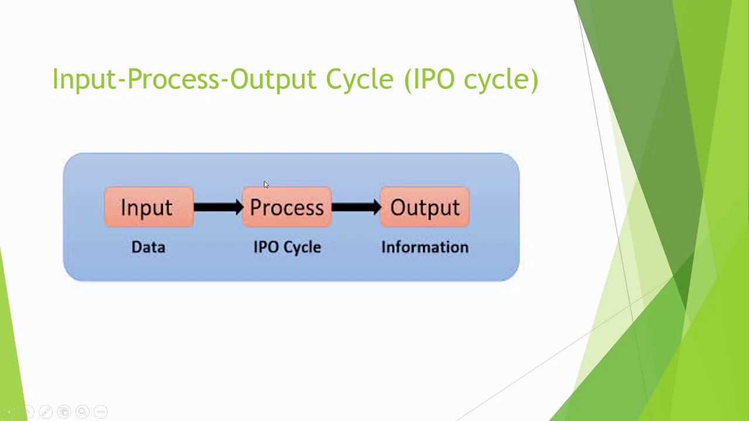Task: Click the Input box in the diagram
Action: coord(148,207)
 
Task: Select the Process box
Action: coord(287,207)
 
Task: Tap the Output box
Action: coord(425,207)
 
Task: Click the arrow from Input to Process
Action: coord(218,207)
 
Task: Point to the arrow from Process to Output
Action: coord(356,207)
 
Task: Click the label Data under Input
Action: coord(148,247)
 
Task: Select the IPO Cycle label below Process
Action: coord(287,247)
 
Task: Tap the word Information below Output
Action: coord(425,247)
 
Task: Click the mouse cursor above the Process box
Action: coord(265,185)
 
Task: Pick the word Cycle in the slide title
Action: coord(359,79)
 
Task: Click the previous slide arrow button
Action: coord(9,412)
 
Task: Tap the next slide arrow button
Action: coord(27,412)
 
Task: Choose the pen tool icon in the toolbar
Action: coord(46,412)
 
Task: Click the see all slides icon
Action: coord(64,412)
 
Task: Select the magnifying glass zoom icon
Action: coord(83,412)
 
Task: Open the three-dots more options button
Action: coord(101,412)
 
